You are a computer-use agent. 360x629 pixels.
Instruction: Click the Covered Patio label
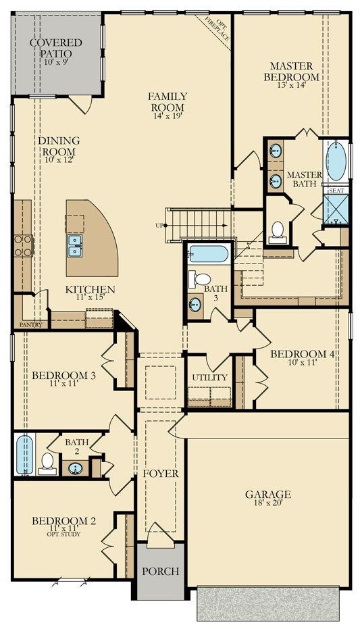[x=56, y=48]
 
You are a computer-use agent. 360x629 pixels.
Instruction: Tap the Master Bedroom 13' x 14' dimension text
[x=292, y=84]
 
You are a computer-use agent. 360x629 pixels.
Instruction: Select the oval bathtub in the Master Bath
[x=336, y=161]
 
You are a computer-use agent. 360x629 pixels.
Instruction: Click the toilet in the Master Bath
[x=278, y=232]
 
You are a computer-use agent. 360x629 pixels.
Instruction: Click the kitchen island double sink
[x=75, y=245]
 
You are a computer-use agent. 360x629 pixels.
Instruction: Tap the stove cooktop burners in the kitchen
[x=23, y=245]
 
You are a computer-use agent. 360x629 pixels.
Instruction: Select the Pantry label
[x=30, y=324]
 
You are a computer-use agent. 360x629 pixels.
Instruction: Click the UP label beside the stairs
[x=159, y=226]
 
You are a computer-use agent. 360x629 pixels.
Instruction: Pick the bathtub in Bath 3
[x=209, y=254]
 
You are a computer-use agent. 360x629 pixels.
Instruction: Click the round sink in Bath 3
[x=196, y=305]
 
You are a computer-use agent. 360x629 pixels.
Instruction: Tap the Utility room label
[x=209, y=378]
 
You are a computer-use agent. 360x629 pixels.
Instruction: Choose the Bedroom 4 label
[x=303, y=354]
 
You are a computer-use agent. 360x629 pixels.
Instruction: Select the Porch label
[x=160, y=572]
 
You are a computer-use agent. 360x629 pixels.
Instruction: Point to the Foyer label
[x=160, y=474]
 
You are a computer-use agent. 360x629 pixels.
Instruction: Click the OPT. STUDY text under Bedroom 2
[x=65, y=534]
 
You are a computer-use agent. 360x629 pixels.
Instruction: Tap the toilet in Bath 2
[x=47, y=463]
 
